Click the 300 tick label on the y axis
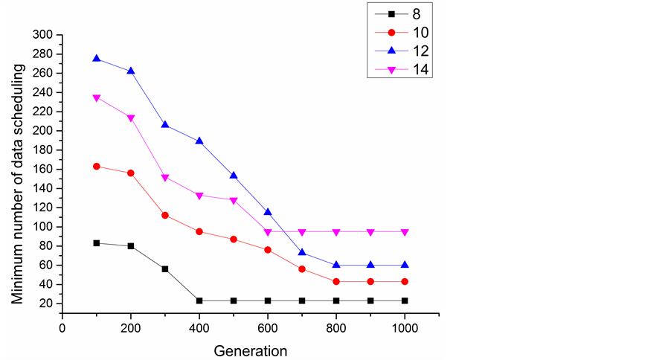42,35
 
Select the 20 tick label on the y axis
45,303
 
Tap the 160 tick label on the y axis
42,169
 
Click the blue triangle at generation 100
97,58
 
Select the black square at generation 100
97,243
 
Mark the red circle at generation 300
165,215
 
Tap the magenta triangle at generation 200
131,118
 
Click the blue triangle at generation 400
199,141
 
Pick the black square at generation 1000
405,300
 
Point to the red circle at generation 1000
405,281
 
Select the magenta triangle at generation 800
336,232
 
